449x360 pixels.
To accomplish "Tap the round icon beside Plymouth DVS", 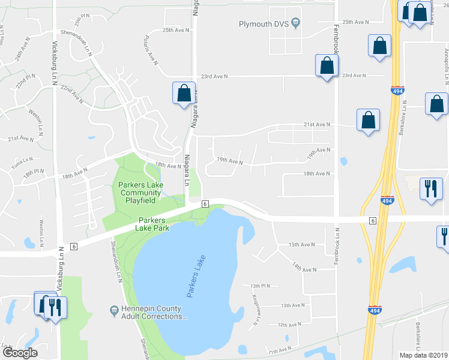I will [295, 23].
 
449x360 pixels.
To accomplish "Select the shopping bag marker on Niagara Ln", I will [184, 94].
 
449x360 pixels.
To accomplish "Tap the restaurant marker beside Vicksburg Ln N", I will [55, 307].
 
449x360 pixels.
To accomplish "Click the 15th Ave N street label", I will [302, 245].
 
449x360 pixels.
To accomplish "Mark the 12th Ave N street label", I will [289, 325].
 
